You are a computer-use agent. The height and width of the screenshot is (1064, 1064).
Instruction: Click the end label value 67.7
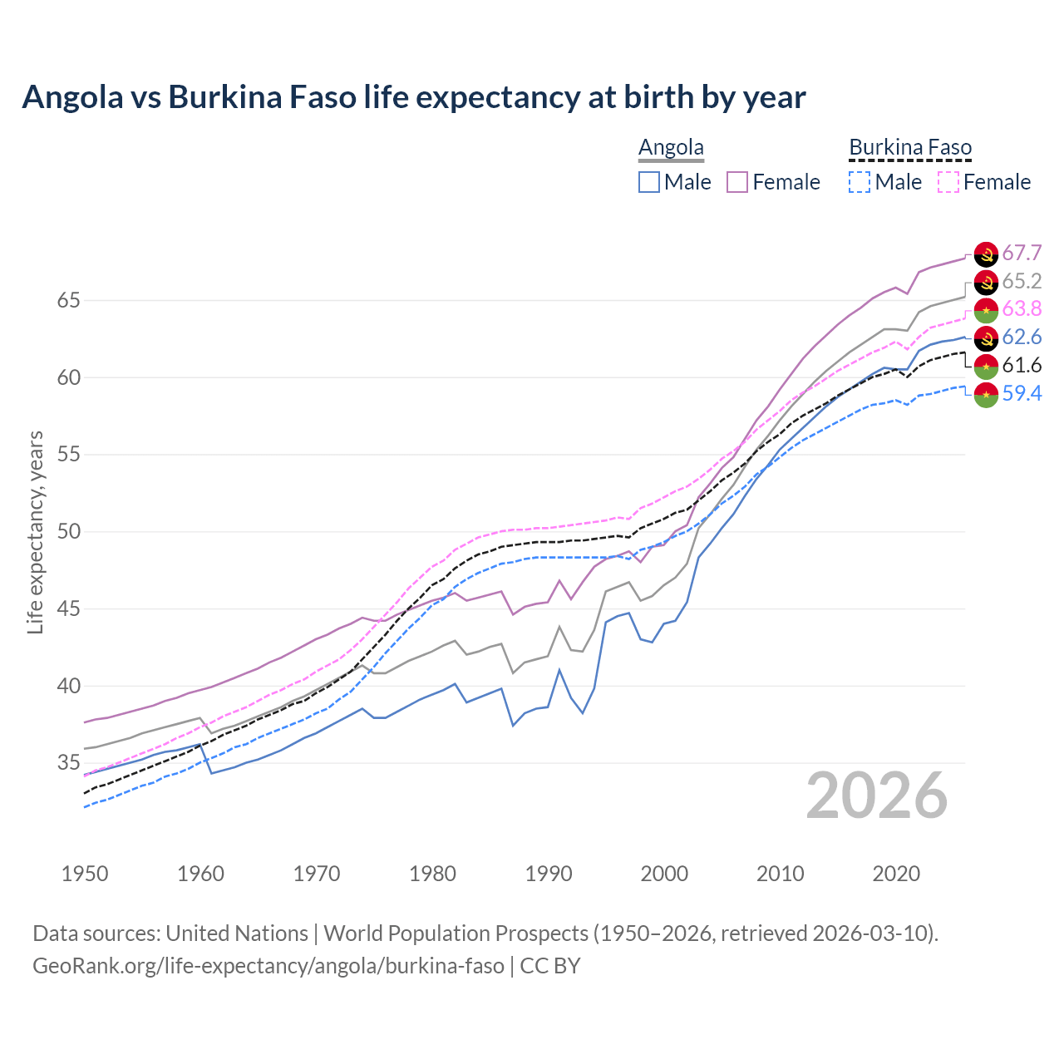coord(1022,254)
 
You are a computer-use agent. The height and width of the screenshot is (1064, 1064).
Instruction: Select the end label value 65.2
coord(1022,282)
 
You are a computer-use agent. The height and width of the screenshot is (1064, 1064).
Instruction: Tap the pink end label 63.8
coord(1022,309)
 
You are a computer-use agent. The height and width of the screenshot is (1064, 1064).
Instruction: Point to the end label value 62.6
coord(1022,337)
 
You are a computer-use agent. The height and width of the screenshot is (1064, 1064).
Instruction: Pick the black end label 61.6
coord(1022,366)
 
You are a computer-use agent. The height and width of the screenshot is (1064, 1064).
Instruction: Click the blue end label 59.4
coord(1022,393)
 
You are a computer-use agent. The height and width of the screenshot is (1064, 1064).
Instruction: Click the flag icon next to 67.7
coord(986,254)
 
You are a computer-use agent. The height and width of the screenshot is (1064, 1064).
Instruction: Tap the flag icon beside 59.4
coord(986,394)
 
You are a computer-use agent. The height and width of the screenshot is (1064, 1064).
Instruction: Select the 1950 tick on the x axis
coord(85,874)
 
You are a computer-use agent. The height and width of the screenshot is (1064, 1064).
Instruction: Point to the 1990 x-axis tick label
coord(549,874)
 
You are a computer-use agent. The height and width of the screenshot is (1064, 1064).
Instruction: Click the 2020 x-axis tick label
coord(896,874)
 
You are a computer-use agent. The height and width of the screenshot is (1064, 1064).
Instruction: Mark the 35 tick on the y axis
coord(68,763)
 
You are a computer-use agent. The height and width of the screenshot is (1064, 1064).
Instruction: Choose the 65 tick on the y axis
coord(68,300)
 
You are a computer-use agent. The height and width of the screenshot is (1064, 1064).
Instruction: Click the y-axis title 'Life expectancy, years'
coord(35,532)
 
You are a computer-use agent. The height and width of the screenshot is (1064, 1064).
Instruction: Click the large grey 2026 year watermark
coord(877,796)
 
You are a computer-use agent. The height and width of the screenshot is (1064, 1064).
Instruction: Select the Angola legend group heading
coord(671,148)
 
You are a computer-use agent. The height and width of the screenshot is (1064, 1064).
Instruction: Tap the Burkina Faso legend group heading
coord(910,148)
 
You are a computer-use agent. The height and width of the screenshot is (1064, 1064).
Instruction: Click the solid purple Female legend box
coord(737,182)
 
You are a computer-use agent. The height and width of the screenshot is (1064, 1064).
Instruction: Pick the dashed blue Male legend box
coord(860,182)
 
